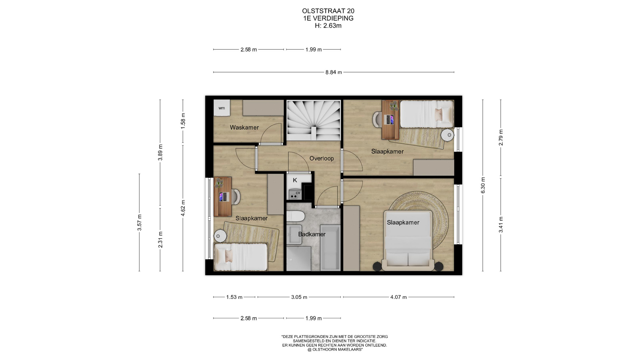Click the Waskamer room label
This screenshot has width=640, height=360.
pos(244,127)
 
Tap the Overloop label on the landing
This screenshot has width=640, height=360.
pos(322,158)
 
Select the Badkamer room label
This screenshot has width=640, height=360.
pos(312,234)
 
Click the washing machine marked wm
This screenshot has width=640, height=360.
pos(222,108)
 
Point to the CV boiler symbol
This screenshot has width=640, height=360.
pos(295,194)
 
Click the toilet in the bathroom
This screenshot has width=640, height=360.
pos(295,216)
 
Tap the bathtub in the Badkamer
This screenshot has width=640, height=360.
pos(330,248)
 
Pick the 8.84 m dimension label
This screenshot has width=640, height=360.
pos(334,72)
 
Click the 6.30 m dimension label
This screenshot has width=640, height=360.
pos(483,185)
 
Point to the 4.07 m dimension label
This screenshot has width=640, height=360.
pos(399,297)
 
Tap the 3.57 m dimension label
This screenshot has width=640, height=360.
pos(140,223)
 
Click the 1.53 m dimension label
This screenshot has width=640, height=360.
pos(234,297)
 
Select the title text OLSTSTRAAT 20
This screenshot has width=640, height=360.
pos(328,11)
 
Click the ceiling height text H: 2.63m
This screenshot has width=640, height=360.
pos(328,26)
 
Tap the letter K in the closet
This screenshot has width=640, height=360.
pos(295,180)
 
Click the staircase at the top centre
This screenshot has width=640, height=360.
pos(314,120)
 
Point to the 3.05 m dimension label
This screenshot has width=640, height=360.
pos(299,297)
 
